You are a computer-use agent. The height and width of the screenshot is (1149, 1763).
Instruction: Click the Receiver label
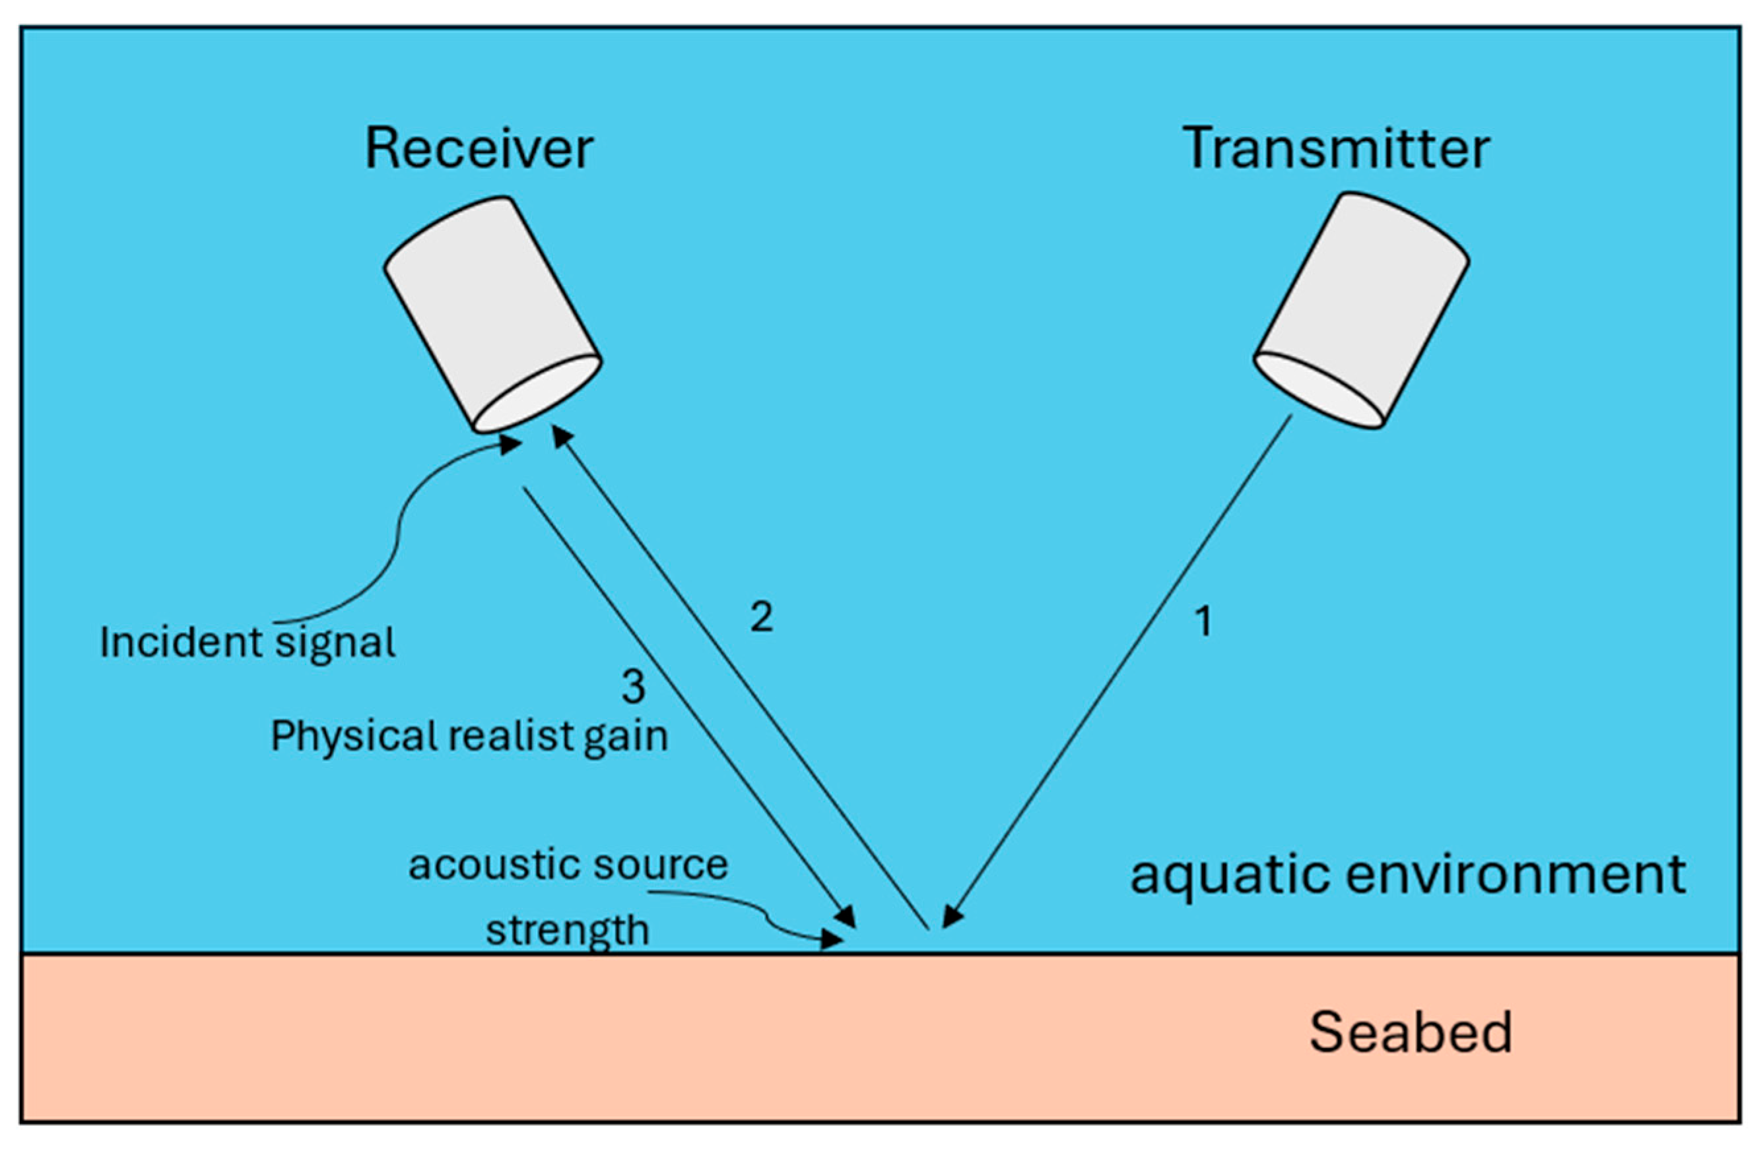coord(479,149)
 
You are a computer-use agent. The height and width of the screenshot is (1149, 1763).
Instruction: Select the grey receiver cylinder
coord(492,314)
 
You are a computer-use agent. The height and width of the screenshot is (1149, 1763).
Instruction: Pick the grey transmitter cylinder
coord(1362,311)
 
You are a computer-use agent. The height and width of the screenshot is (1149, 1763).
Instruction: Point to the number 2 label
coord(762,616)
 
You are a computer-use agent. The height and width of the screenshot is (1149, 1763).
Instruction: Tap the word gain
coord(626,739)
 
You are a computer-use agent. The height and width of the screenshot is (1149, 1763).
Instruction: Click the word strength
coord(568,931)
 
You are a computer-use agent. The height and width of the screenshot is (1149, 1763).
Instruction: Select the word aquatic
coord(1230,875)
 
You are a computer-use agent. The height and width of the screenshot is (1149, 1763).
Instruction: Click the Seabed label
coord(1411,1033)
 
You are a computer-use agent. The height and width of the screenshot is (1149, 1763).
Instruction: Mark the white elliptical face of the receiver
coord(537,393)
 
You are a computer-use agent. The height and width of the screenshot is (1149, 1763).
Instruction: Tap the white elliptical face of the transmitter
coord(1319,390)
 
